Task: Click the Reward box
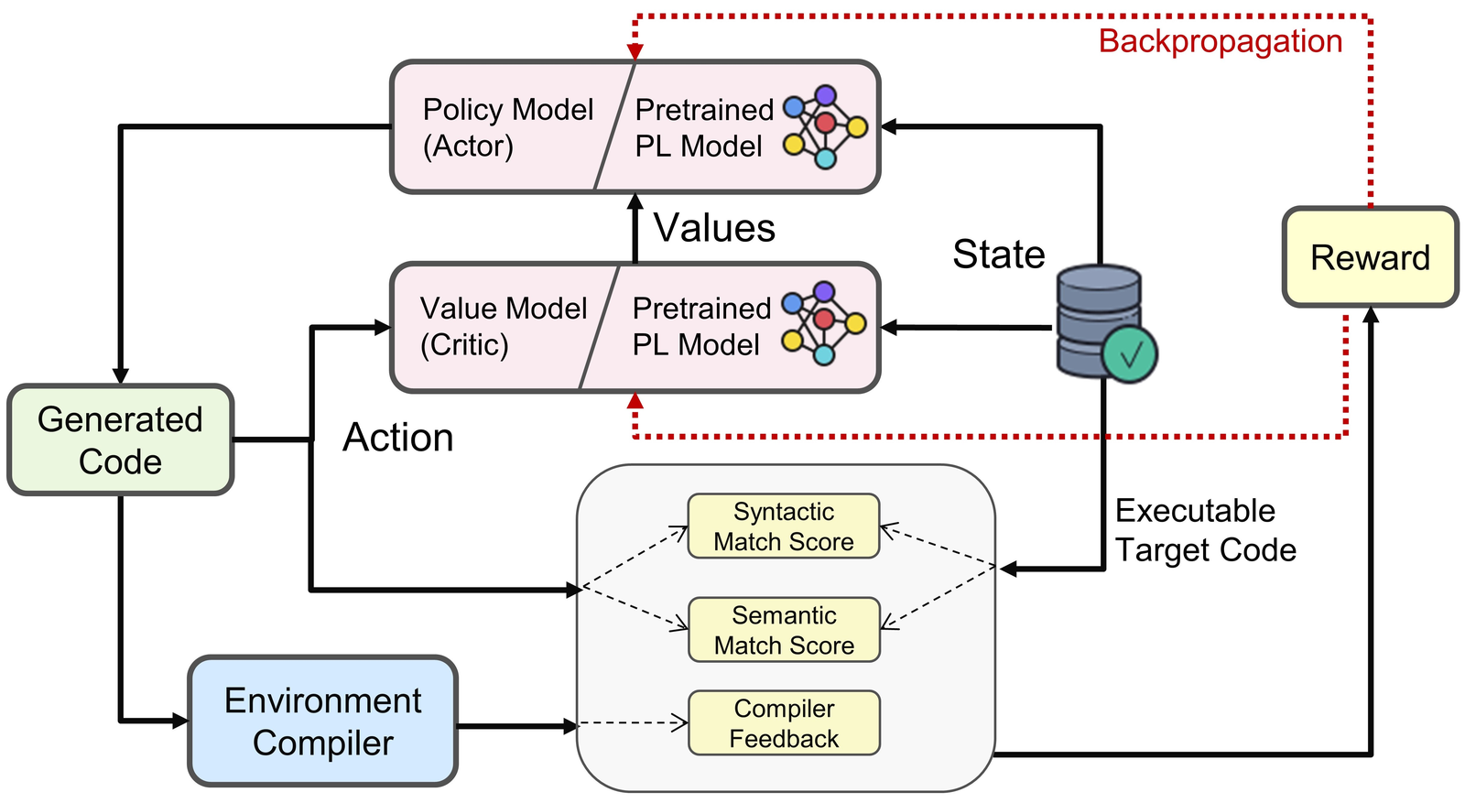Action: pos(1370,257)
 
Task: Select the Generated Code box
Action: pos(120,440)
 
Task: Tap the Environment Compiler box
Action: pos(322,722)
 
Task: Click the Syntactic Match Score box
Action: pos(784,526)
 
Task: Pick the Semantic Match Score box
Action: pos(784,630)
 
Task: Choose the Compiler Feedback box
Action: pos(784,723)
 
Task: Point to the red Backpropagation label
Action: pos(1220,41)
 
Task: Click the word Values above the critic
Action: pos(714,228)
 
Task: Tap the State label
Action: pos(998,254)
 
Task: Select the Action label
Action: pos(398,438)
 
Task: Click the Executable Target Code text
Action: pos(1204,530)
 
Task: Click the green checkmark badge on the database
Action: pos(1130,353)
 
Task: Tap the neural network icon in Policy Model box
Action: pos(825,127)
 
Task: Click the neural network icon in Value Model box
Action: pos(823,322)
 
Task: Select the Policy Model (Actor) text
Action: pos(507,127)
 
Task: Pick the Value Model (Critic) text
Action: pos(503,326)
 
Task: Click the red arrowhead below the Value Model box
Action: pos(635,401)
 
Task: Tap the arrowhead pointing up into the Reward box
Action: pos(1370,315)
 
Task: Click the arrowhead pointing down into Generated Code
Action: pos(120,376)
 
